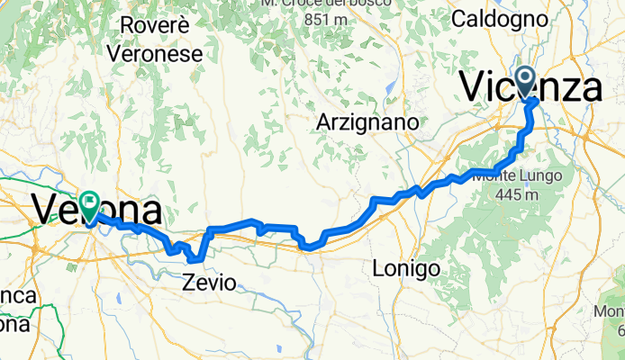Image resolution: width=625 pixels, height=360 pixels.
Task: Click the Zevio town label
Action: coord(210,283)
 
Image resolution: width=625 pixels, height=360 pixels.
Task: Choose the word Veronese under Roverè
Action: coord(154,53)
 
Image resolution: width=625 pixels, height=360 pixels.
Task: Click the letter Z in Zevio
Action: coord(190,283)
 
